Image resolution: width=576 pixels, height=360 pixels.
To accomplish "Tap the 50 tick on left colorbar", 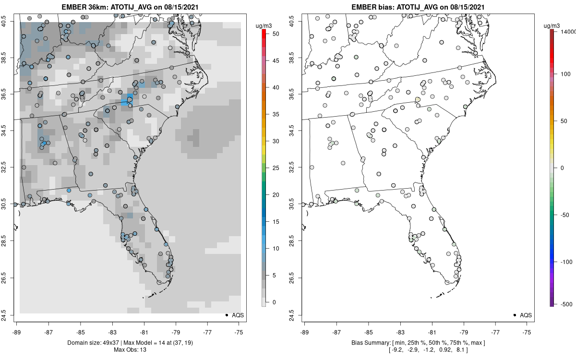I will tap(273, 34).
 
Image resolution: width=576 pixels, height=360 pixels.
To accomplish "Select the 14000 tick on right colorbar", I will tap(568, 31).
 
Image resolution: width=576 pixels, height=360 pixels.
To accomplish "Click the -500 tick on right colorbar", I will tap(566, 304).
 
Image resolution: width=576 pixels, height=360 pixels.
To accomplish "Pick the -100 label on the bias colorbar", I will tap(566, 262).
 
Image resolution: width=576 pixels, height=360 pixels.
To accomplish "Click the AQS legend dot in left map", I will tap(226, 315).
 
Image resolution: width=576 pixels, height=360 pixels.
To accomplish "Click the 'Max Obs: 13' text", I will tap(131, 349).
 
